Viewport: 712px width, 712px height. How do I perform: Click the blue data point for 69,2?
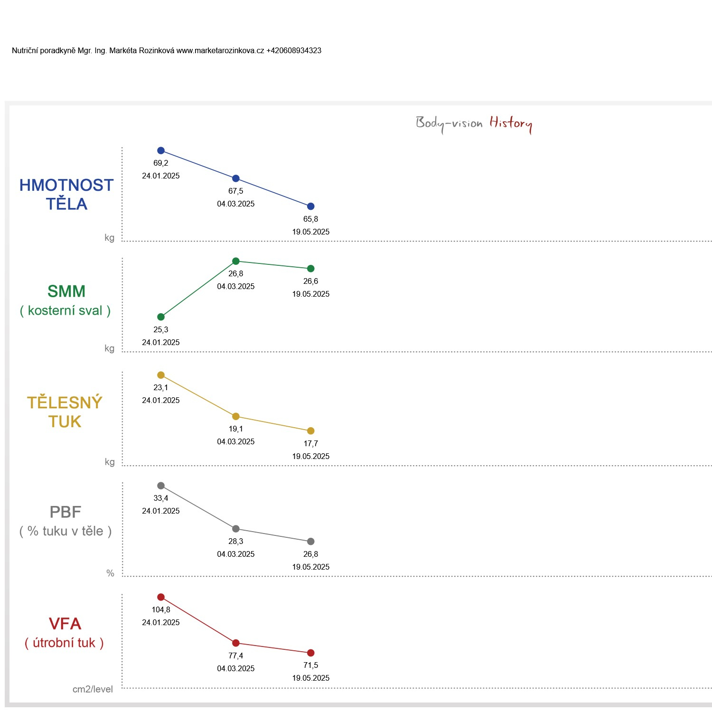[161, 150]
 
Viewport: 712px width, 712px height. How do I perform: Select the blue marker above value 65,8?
[311, 206]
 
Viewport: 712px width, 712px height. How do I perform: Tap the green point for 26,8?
[236, 261]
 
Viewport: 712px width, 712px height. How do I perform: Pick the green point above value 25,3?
[161, 317]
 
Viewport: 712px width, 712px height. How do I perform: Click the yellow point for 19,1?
[236, 416]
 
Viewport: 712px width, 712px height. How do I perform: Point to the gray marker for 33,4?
[161, 486]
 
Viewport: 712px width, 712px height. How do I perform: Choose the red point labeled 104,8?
[161, 597]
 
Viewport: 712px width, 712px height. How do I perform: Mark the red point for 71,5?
[311, 653]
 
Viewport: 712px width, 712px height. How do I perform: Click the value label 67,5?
[236, 191]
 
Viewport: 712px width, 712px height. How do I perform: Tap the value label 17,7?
[311, 444]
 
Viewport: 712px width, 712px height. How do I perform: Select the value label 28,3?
[236, 542]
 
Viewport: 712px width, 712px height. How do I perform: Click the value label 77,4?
[236, 656]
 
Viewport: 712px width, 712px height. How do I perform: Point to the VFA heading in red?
[65, 624]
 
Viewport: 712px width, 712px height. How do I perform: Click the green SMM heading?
[66, 291]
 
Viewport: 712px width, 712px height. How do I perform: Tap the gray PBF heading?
[66, 512]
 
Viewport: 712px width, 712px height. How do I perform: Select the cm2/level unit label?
[93, 690]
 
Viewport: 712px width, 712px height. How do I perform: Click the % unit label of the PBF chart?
[110, 573]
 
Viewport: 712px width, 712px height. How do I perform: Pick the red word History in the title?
[511, 123]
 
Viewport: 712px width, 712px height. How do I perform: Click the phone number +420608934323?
[294, 51]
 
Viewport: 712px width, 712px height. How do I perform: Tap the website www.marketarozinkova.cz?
[220, 51]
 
